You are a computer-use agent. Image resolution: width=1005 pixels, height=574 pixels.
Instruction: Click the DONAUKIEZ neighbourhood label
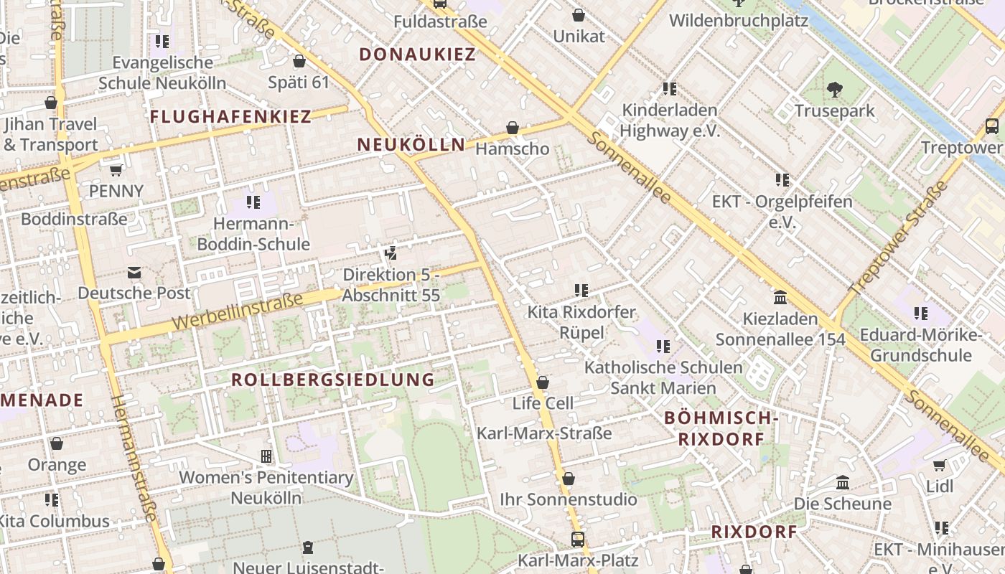pyautogui.click(x=417, y=55)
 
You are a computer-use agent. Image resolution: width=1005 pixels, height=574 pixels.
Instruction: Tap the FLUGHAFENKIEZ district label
pyautogui.click(x=230, y=116)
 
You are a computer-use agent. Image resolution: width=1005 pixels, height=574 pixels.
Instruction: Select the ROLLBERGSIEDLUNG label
pyautogui.click(x=333, y=380)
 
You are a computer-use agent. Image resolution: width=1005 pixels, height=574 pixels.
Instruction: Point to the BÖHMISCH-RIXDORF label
pyautogui.click(x=721, y=428)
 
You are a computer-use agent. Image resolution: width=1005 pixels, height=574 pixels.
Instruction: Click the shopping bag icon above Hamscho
pyautogui.click(x=513, y=128)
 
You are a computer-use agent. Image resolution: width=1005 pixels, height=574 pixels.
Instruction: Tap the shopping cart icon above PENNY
pyautogui.click(x=116, y=171)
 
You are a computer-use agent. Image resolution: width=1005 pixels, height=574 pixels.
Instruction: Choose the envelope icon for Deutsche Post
pyautogui.click(x=134, y=273)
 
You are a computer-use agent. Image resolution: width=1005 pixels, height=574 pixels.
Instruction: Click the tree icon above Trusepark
pyautogui.click(x=834, y=90)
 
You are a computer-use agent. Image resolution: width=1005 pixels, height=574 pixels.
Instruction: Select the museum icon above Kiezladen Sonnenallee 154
pyautogui.click(x=780, y=297)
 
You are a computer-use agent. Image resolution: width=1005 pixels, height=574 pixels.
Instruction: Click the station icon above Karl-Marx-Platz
pyautogui.click(x=578, y=539)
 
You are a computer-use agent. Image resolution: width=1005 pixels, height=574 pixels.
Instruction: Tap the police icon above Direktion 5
pyautogui.click(x=391, y=253)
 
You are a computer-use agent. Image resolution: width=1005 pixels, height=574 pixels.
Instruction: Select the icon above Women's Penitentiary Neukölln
pyautogui.click(x=266, y=456)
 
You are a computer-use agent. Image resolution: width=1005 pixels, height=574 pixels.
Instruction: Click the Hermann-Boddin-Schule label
pyautogui.click(x=253, y=234)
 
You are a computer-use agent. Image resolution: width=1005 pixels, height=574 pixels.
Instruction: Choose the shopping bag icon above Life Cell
pyautogui.click(x=543, y=382)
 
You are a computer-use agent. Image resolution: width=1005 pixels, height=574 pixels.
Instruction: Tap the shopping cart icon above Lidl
pyautogui.click(x=939, y=466)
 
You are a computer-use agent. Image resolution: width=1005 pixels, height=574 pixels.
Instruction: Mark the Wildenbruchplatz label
pyautogui.click(x=739, y=20)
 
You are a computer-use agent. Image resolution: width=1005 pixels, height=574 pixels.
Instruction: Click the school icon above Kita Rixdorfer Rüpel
pyautogui.click(x=581, y=291)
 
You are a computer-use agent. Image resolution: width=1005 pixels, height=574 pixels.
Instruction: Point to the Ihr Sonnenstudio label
pyautogui.click(x=568, y=499)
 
